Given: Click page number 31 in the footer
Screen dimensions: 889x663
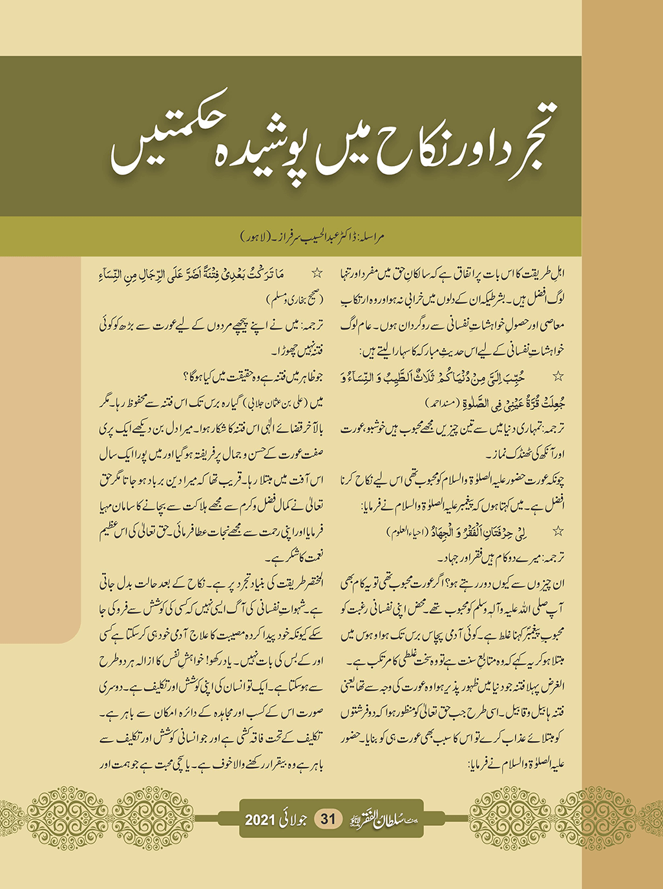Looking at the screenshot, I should [x=328, y=819].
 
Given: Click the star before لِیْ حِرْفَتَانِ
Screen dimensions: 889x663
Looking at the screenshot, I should [x=558, y=531].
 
